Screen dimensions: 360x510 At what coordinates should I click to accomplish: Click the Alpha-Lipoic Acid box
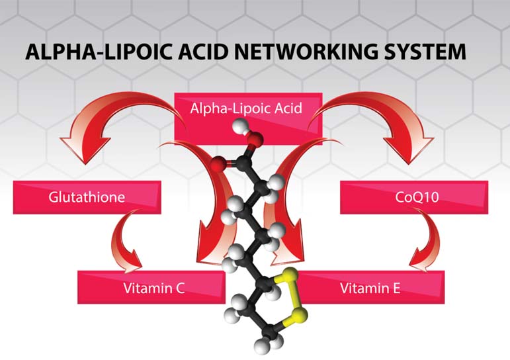[x=248, y=108]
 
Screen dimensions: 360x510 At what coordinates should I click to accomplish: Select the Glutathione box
[x=87, y=197]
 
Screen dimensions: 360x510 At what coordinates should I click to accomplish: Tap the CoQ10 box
[x=413, y=197]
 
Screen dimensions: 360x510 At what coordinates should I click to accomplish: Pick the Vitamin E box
[x=370, y=288]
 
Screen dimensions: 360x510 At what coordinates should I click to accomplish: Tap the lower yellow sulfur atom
[x=300, y=318]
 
